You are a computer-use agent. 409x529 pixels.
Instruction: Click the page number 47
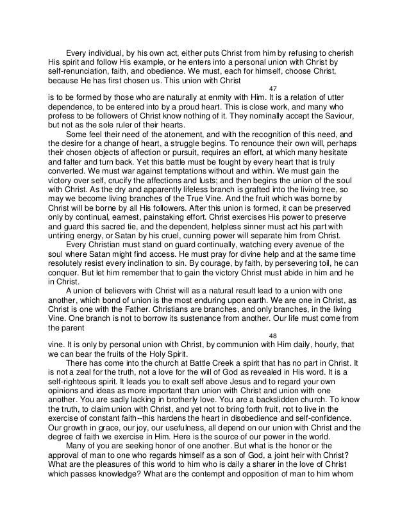coord(272,88)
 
